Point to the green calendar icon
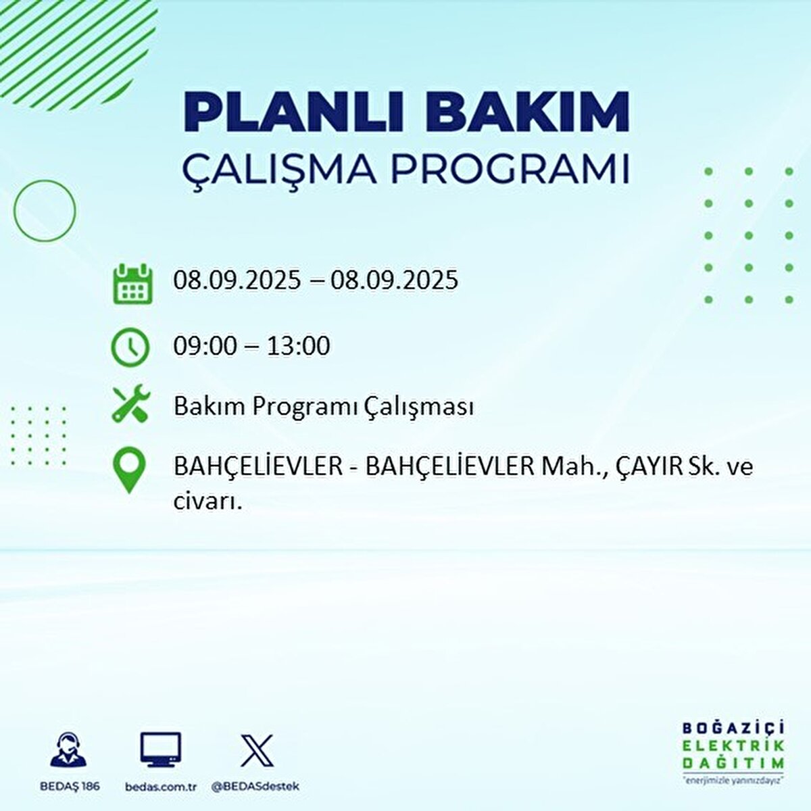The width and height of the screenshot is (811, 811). pyautogui.click(x=132, y=284)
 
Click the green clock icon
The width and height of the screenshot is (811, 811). pyautogui.click(x=130, y=347)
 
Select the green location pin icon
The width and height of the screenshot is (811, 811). pyautogui.click(x=129, y=470)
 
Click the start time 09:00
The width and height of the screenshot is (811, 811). pyautogui.click(x=205, y=346)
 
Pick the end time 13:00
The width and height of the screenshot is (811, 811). pyautogui.click(x=298, y=346)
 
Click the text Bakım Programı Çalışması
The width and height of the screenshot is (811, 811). pyautogui.click(x=323, y=407)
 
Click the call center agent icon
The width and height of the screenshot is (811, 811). pyautogui.click(x=68, y=750)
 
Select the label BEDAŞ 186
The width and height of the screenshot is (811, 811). pyautogui.click(x=69, y=787)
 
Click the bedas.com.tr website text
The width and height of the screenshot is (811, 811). pyautogui.click(x=161, y=787)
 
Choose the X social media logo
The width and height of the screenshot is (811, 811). pyautogui.click(x=257, y=751)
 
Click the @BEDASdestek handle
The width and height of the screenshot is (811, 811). pyautogui.click(x=255, y=787)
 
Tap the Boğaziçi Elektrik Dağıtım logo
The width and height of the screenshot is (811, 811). pyautogui.click(x=733, y=753)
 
